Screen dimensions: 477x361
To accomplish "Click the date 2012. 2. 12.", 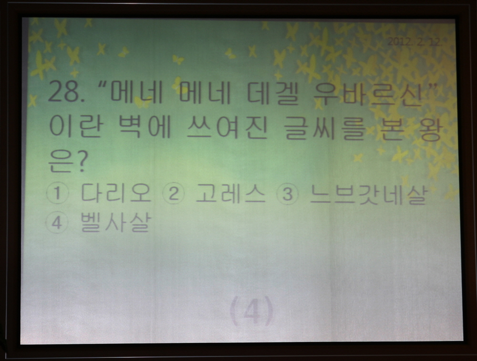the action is tap(414, 42).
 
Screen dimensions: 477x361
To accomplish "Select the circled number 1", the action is tap(58, 194).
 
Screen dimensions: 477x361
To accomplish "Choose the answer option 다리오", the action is tap(116, 193).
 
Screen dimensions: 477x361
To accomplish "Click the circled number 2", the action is tap(174, 194).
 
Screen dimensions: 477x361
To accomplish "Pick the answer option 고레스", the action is tap(230, 193).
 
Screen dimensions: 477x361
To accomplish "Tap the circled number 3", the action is tap(287, 195).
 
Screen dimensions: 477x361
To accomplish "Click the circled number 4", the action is tap(57, 222).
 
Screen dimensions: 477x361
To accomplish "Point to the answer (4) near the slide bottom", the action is tap(252, 311).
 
